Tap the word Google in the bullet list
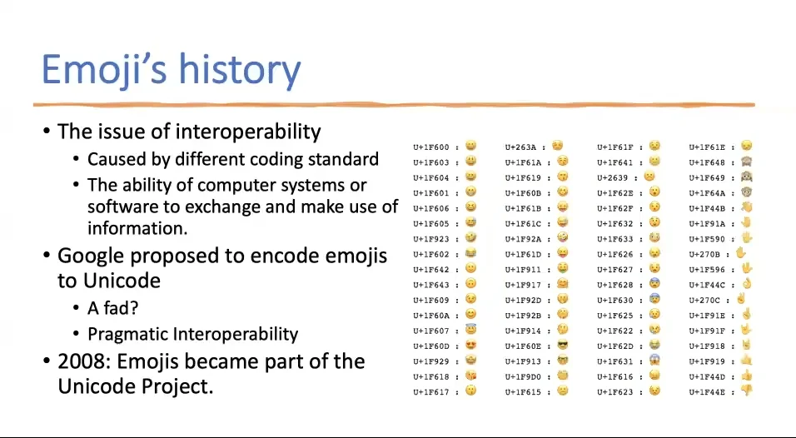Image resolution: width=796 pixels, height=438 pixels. coord(91,256)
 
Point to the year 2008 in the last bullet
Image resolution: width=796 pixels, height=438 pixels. coord(80,361)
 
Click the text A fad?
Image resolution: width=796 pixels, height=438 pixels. coord(112,308)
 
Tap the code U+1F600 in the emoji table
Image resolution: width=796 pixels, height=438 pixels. coord(430,147)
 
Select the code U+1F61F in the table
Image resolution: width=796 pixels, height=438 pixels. coord(614,147)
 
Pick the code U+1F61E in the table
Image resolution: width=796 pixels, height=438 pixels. coord(706,147)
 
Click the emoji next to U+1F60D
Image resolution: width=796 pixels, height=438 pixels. coord(470,346)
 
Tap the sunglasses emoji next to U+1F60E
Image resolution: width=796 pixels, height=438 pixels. coord(562,346)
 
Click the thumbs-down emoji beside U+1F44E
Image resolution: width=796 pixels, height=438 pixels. coord(746,391)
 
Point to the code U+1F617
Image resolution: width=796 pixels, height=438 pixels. coord(430,392)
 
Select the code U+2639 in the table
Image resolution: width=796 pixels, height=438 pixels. coord(612,178)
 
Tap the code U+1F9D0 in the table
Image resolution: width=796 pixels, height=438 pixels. coord(522,376)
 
